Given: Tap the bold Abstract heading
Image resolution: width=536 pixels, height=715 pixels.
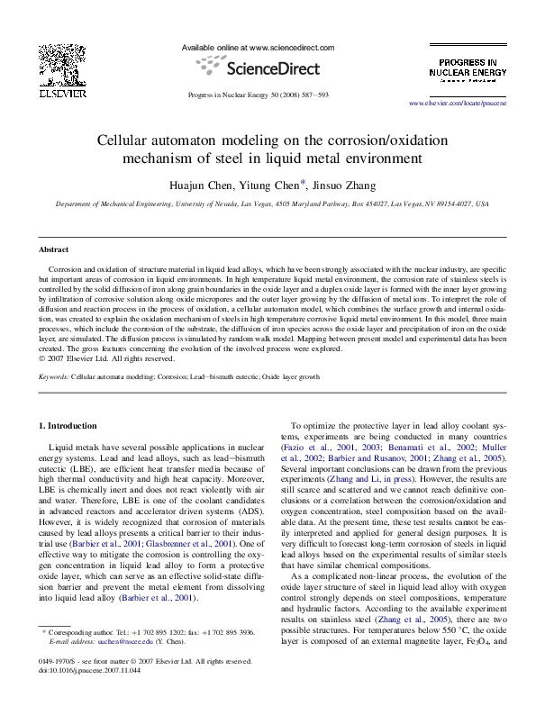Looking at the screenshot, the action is pyautogui.click(x=54, y=249).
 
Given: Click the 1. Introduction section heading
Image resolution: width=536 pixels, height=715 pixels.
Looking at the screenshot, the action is pyautogui.click(x=71, y=424).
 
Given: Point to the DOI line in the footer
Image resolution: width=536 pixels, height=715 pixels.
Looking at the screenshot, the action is pyautogui.click(x=78, y=695).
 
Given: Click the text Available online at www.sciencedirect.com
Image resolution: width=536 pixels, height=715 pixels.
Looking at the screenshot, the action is pyautogui.click(x=258, y=47).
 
